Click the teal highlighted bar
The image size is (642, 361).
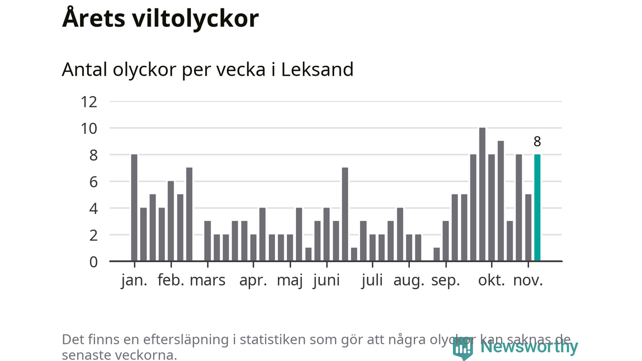(537, 208)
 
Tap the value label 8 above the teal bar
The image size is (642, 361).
(537, 142)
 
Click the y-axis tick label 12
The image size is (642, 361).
(89, 102)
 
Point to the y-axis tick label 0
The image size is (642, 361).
(93, 262)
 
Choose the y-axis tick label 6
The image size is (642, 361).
(93, 182)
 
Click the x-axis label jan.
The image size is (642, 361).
(134, 280)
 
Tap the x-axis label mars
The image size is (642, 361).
(208, 280)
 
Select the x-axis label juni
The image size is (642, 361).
(326, 280)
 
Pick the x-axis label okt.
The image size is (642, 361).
(492, 280)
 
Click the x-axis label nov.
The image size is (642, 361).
(528, 280)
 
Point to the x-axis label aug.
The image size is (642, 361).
(409, 280)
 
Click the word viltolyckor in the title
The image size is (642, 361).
(196, 19)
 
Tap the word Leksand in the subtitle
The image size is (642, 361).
(317, 69)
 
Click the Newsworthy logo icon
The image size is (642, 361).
(462, 347)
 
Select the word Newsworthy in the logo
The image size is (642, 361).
(529, 346)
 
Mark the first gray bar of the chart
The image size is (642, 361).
(134, 208)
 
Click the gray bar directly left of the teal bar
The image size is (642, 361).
(528, 228)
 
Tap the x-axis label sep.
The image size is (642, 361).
(445, 280)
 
